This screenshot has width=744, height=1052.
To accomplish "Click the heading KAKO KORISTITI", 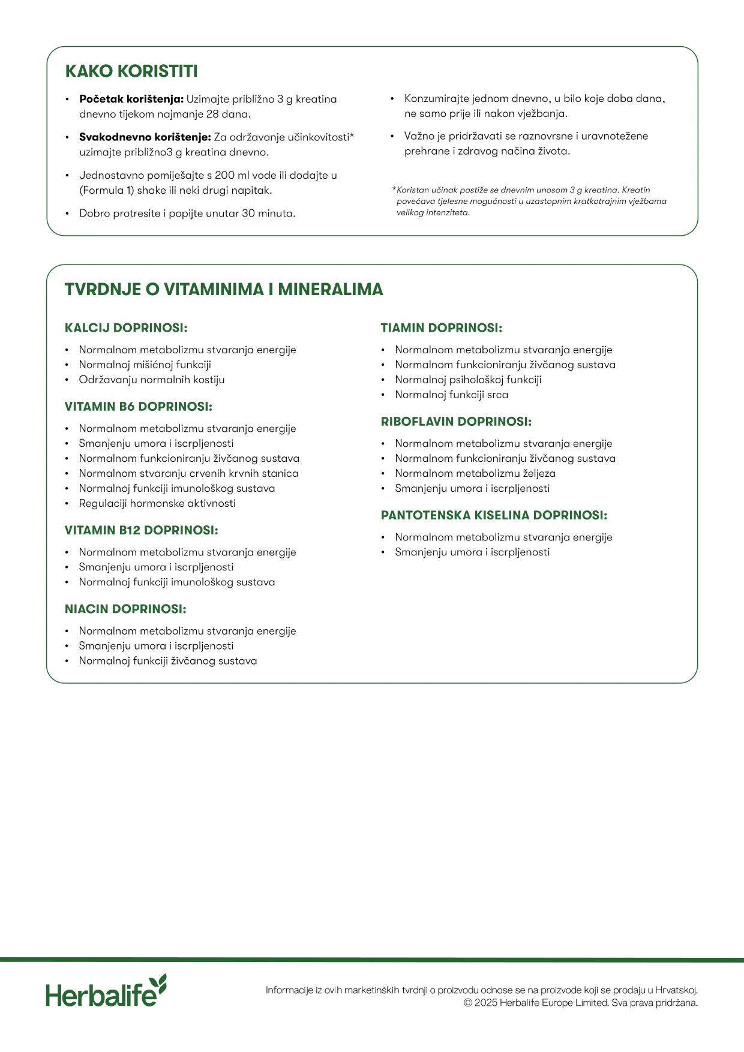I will pyautogui.click(x=131, y=71).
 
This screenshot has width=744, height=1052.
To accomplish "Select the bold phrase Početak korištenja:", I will pyautogui.click(x=131, y=100).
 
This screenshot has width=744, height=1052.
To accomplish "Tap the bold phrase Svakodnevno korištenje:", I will pyautogui.click(x=145, y=137).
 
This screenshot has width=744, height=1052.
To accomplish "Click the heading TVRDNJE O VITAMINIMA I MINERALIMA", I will pyautogui.click(x=224, y=290).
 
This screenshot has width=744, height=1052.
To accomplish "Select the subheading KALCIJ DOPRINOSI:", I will pyautogui.click(x=126, y=328).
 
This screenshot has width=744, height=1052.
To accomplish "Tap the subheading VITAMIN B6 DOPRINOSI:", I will pyautogui.click(x=139, y=407).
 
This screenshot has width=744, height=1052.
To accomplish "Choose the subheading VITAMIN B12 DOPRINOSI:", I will pyautogui.click(x=142, y=530).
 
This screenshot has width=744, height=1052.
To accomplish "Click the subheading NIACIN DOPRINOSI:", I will pyautogui.click(x=125, y=609).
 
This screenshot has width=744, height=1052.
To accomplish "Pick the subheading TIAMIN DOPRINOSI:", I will pyautogui.click(x=442, y=328).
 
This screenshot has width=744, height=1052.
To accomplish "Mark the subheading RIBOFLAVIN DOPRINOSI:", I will pyautogui.click(x=456, y=422).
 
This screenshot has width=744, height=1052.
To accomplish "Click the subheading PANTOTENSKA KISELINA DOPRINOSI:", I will pyautogui.click(x=494, y=515).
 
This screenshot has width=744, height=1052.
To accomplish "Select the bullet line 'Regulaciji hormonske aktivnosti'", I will pyautogui.click(x=157, y=503).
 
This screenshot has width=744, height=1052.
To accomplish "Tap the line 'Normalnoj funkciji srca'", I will pyautogui.click(x=451, y=395).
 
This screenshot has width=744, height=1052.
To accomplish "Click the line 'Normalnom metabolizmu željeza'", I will pyautogui.click(x=475, y=473).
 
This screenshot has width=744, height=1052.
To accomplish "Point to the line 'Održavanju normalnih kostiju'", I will pyautogui.click(x=152, y=380).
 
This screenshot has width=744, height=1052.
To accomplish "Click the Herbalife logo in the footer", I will pyautogui.click(x=106, y=991).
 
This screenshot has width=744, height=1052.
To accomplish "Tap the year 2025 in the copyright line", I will pyautogui.click(x=485, y=1003).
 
